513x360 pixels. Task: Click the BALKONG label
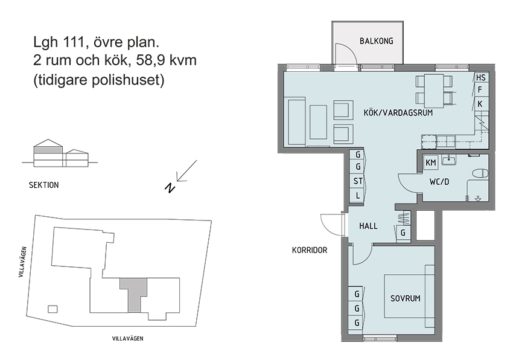point(376,41)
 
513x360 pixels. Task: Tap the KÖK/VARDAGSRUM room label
point(399,113)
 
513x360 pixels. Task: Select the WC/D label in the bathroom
point(439,181)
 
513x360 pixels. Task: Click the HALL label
point(368,226)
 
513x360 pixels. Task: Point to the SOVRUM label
point(405,298)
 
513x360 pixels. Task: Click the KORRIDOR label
point(309,249)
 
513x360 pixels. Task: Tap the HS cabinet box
point(480,78)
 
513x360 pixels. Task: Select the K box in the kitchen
point(480,104)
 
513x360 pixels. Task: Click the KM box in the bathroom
point(431,162)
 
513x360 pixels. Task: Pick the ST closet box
point(358,181)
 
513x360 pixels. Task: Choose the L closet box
point(358,195)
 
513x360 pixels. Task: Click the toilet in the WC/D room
point(480,173)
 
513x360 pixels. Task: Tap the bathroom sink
point(448,159)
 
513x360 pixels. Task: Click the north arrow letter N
point(171,188)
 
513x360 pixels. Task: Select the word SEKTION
point(43,185)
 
